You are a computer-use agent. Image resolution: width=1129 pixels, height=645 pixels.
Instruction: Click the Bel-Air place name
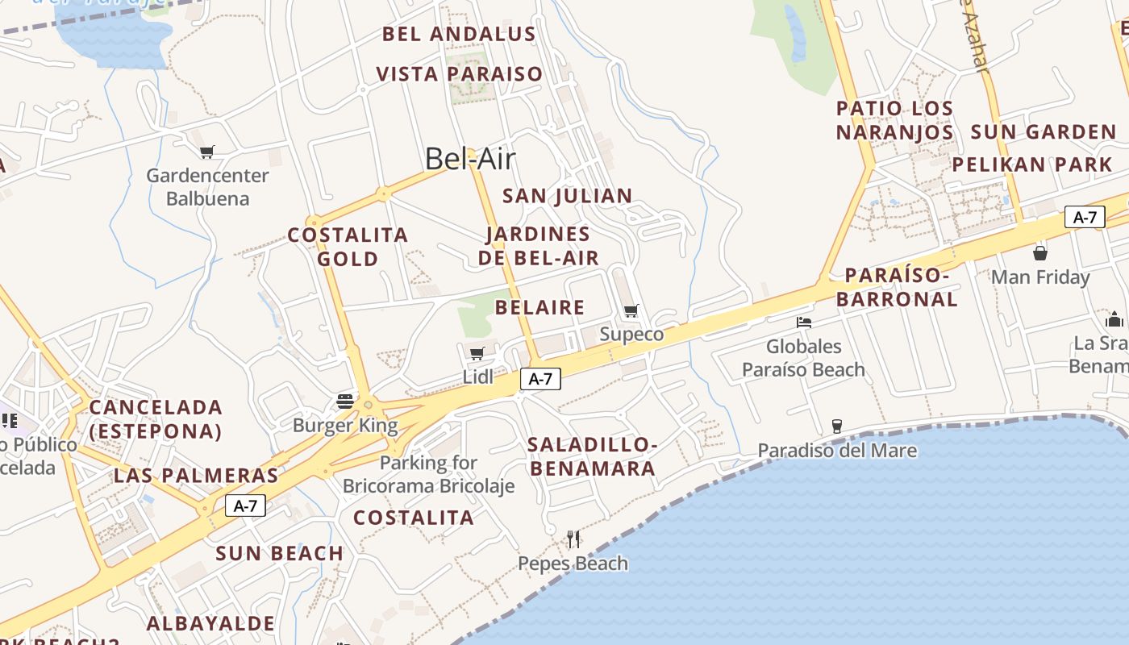point(469,159)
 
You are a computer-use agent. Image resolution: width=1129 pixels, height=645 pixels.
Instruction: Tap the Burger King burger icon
point(345,401)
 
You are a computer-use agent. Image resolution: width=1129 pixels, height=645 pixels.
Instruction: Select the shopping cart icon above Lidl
point(477,353)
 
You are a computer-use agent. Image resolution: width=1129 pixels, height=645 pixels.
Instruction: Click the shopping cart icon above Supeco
point(631,310)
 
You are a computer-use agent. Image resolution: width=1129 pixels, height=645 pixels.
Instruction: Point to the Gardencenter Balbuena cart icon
point(207,152)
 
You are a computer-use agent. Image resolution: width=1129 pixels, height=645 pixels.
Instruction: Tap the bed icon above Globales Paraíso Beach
point(803,322)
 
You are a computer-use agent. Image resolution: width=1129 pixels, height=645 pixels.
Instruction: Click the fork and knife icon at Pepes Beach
point(573,539)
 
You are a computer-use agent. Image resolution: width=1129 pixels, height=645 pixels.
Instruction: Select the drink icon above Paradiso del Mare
point(836,426)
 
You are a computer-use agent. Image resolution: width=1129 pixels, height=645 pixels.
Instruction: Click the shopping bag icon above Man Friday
point(1040,252)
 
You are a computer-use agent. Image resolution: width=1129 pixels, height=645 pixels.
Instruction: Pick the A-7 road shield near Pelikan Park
point(1085,217)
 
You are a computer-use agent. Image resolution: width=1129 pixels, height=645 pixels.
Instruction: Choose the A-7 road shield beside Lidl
point(540,379)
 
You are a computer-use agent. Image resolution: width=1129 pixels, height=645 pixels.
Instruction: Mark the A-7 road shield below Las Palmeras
point(245,506)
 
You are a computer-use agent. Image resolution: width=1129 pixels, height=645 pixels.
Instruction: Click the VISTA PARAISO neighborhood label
point(460,74)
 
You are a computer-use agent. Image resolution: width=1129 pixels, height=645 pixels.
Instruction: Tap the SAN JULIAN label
point(567,196)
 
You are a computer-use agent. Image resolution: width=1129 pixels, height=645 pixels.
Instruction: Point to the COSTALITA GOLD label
point(348,247)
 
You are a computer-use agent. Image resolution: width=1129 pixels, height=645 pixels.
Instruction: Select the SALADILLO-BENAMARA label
point(592,456)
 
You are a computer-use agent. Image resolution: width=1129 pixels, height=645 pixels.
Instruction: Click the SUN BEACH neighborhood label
point(279,553)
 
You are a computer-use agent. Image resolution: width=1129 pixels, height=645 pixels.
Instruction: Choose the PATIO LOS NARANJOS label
point(894,120)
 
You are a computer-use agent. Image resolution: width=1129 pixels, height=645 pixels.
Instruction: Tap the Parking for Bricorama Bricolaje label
point(428,474)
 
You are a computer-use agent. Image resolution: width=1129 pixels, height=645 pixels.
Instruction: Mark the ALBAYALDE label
point(210,623)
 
